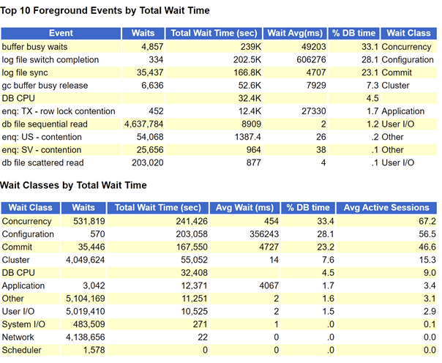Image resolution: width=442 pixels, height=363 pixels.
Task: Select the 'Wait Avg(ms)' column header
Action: (295, 33)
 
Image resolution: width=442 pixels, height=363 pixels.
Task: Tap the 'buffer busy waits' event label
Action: (34, 47)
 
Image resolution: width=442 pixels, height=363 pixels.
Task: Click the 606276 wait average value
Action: (311, 60)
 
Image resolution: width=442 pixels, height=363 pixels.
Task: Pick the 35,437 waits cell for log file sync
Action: (150, 72)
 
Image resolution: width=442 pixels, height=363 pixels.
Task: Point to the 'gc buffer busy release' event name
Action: (45, 86)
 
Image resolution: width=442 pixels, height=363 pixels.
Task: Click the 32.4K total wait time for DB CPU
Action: (250, 98)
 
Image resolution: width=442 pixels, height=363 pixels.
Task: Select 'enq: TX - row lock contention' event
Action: (59, 111)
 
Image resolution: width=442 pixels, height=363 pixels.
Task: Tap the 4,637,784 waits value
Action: (143, 124)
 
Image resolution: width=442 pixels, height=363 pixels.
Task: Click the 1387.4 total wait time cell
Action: (248, 138)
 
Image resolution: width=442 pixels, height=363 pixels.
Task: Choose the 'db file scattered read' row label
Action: (42, 163)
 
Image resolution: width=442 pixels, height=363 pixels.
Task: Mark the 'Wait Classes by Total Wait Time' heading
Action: (73, 185)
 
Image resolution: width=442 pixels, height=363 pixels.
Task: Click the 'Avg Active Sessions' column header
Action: (386, 208)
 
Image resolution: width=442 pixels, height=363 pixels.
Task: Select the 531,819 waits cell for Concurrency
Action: (89, 222)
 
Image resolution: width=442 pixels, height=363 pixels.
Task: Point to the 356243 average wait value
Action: (264, 234)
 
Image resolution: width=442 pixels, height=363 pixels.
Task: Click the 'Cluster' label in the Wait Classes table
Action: (16, 260)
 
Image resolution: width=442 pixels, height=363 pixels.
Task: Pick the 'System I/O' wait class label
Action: (23, 324)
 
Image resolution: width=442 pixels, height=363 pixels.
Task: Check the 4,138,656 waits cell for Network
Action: (85, 337)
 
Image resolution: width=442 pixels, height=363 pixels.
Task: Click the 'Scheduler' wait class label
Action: (21, 351)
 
